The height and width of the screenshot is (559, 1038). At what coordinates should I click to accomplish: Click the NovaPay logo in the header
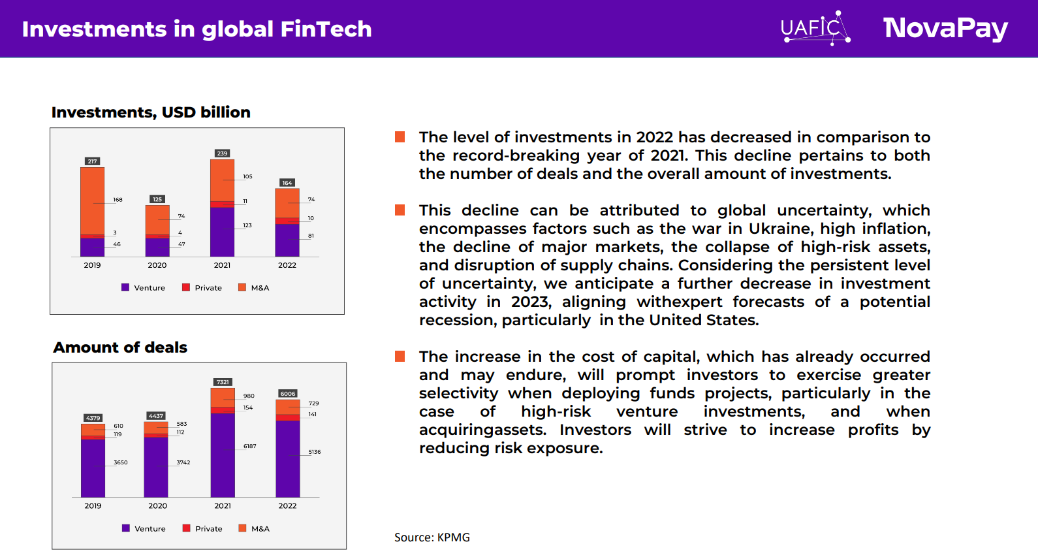pyautogui.click(x=945, y=28)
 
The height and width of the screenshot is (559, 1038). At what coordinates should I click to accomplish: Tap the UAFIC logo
pyautogui.click(x=815, y=28)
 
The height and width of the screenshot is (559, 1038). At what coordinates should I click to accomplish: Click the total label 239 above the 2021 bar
pyautogui.click(x=222, y=153)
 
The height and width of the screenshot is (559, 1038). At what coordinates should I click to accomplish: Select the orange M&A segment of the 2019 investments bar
pyautogui.click(x=92, y=200)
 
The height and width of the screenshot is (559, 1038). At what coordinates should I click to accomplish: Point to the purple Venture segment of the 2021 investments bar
pyautogui.click(x=222, y=231)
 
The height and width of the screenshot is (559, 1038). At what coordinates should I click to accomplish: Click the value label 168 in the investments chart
pyautogui.click(x=118, y=200)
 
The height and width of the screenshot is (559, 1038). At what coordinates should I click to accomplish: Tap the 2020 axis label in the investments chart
pyautogui.click(x=157, y=265)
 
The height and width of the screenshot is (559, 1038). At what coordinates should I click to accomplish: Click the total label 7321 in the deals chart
pyautogui.click(x=223, y=382)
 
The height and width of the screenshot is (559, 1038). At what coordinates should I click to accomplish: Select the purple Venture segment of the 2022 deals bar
pyautogui.click(x=288, y=458)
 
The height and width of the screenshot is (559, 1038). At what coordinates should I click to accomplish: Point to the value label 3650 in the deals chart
pyautogui.click(x=121, y=462)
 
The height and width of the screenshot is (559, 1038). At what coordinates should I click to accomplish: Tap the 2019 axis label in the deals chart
pyautogui.click(x=93, y=505)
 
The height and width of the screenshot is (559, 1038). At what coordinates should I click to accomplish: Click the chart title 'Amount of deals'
pyautogui.click(x=120, y=347)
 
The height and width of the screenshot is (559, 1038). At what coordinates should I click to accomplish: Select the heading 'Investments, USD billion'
pyautogui.click(x=151, y=112)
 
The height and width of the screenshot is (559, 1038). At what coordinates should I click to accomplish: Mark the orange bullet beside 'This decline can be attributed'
pyautogui.click(x=400, y=210)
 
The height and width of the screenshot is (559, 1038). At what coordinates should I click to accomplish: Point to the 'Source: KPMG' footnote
pyautogui.click(x=432, y=537)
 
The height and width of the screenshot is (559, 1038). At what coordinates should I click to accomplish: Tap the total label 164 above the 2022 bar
pyautogui.click(x=287, y=183)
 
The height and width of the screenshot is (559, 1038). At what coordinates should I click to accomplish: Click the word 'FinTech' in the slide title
pyautogui.click(x=326, y=29)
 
